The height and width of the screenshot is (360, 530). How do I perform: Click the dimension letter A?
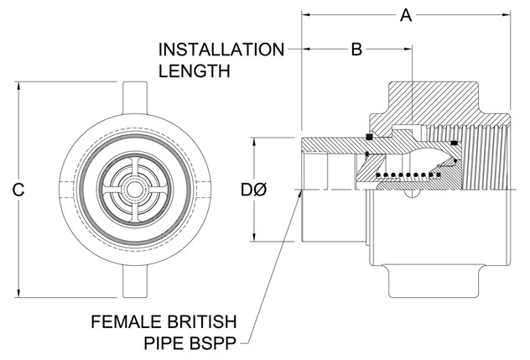point(406,14)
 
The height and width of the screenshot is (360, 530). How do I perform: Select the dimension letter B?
point(356,50)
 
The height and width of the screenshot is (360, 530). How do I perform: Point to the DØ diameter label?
point(254,190)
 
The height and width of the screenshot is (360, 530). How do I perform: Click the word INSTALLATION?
point(222,50)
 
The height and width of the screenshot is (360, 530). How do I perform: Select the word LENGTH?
point(195,70)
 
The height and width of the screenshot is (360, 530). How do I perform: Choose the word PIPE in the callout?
point(165,342)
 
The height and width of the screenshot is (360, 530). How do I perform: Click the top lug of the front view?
point(133,93)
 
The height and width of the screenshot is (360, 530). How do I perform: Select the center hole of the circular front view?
point(133,190)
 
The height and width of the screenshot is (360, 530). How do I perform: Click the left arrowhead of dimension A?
point(305,14)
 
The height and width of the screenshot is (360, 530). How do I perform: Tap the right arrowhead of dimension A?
point(507,14)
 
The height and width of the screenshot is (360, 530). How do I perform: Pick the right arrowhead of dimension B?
point(410,50)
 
